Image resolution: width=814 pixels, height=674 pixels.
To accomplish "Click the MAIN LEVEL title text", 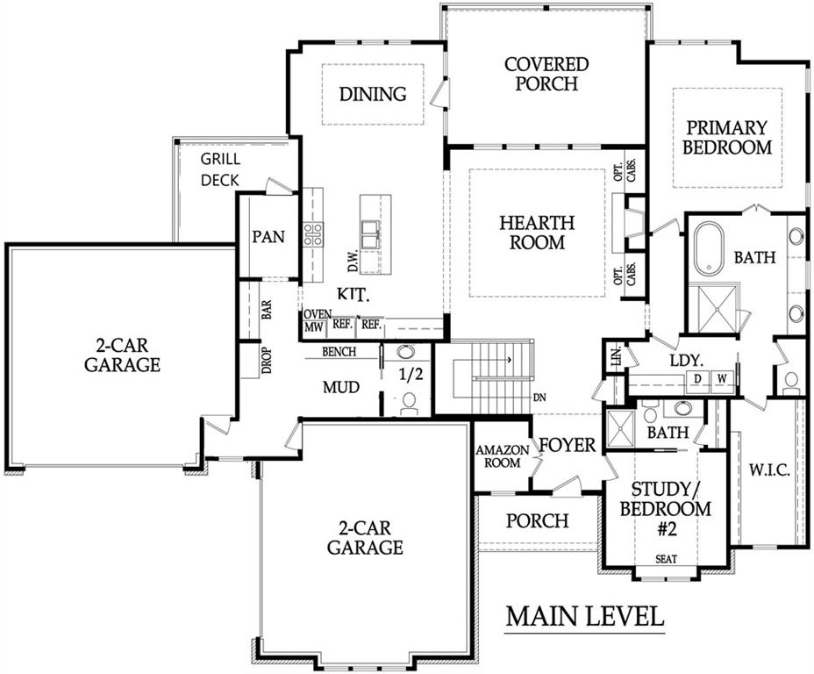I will coord(584,616).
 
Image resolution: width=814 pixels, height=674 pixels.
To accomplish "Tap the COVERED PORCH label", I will coord(546,74).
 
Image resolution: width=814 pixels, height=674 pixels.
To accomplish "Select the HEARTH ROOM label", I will coord(538,233).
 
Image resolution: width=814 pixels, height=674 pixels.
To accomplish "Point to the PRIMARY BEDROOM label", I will coord(727,138).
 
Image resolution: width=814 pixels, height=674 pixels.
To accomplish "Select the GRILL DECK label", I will coord(220,169).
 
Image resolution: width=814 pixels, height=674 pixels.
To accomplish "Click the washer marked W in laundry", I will coord(722,378).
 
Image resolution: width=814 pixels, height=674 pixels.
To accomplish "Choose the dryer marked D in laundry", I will coord(699,378).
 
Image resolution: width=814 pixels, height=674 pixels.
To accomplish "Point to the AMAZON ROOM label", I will coord(503,456).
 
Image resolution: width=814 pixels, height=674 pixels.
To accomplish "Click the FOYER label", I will coord(567,445).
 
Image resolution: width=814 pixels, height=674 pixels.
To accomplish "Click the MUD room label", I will coord(341,387).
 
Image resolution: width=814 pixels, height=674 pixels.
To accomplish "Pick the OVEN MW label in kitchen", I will coord(314,321).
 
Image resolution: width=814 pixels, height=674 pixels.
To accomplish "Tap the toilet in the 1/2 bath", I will coord(408,404).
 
